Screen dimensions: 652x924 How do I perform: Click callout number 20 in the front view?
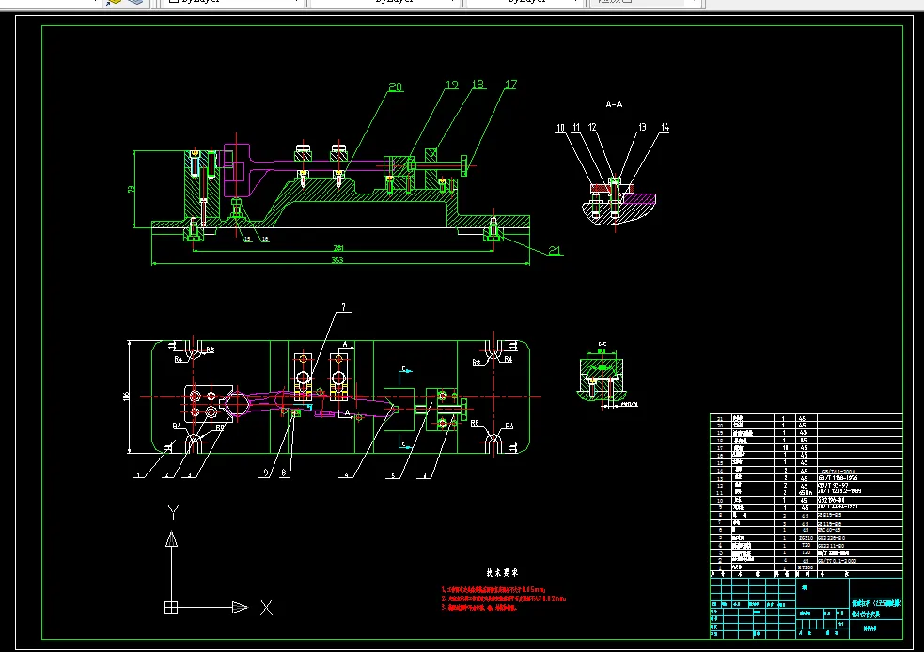[x=395, y=87]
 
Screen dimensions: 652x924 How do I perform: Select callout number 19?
[x=451, y=85]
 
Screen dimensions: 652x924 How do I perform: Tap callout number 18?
[x=478, y=85]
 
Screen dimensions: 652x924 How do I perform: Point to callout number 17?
[x=510, y=85]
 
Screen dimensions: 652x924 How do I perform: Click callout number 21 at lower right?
[x=555, y=251]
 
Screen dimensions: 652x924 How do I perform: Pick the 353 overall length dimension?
[x=337, y=260]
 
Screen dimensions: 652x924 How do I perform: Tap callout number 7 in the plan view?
[x=344, y=306]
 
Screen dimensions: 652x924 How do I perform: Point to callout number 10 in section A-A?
[x=560, y=126]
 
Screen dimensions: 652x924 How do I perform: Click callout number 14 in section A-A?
[x=666, y=126]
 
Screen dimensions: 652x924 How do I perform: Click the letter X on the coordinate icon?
[x=266, y=608]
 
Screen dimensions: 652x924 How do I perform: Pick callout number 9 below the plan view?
[x=266, y=472]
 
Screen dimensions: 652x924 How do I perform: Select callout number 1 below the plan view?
[x=137, y=476]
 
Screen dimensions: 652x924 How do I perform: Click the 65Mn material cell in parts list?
[x=804, y=492]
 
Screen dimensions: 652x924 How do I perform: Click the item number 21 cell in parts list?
[x=720, y=417]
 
